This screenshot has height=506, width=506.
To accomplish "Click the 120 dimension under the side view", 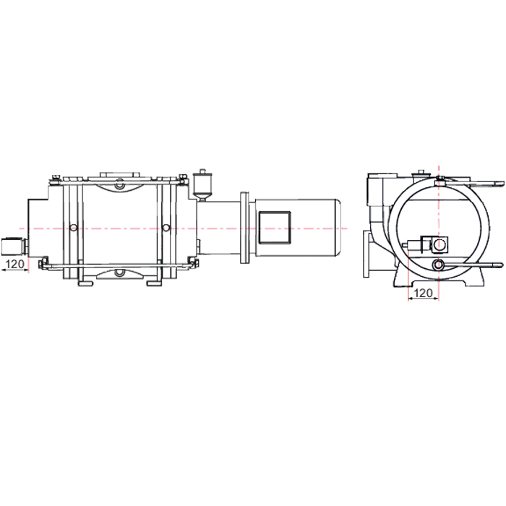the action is [x=15, y=265].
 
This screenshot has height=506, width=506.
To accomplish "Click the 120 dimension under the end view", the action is [x=423, y=293].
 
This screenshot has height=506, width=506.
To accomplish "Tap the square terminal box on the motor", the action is [x=275, y=228].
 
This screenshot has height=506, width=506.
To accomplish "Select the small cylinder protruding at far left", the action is [x=12, y=246].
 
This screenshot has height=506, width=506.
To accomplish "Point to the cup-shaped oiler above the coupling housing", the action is [x=202, y=186].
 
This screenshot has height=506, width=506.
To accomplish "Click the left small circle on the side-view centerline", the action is [x=74, y=228].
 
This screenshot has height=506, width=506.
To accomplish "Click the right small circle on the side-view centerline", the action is [x=166, y=228].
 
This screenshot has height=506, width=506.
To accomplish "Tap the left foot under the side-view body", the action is [x=85, y=283].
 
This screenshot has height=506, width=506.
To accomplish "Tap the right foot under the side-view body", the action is [x=154, y=283].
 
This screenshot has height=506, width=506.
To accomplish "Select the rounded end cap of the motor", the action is [x=338, y=228].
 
